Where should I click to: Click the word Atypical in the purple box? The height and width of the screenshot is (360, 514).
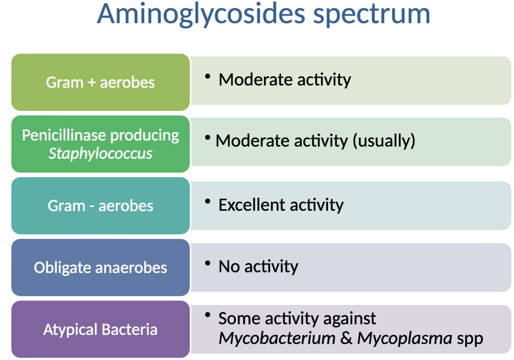70,330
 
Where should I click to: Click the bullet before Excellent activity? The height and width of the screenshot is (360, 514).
207,201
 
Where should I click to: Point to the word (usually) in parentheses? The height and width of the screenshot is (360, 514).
384,141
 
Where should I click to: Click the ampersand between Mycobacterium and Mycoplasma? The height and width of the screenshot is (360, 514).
346,338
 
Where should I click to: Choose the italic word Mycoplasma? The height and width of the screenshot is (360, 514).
404,338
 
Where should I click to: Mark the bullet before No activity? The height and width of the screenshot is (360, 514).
207,263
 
